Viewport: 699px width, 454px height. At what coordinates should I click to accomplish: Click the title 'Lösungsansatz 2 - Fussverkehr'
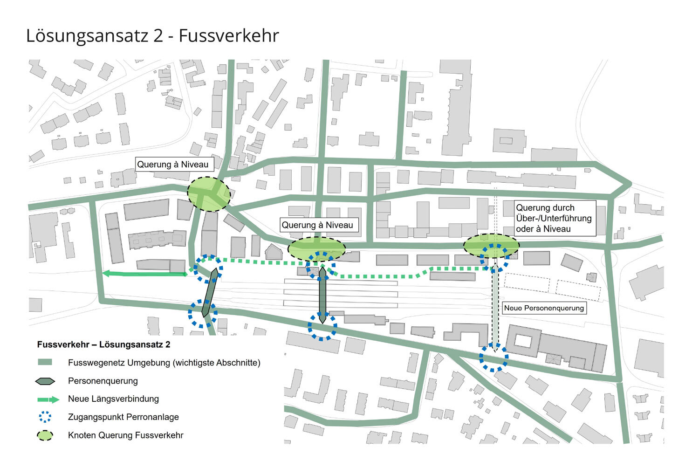click(152, 36)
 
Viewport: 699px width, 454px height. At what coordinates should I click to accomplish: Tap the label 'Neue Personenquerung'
click(543, 308)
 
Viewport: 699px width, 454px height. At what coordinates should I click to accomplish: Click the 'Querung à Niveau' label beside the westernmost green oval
click(173, 165)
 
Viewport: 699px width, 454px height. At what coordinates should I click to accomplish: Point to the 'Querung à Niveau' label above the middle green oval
click(317, 225)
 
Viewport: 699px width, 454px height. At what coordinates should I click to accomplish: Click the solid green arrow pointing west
click(144, 274)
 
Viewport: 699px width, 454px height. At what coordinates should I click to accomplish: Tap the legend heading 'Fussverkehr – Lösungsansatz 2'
click(103, 345)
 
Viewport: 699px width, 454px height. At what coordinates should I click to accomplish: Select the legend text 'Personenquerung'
click(103, 381)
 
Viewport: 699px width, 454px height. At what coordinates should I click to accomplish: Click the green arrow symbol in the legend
click(48, 399)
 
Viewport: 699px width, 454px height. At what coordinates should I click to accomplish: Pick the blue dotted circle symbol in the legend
click(45, 417)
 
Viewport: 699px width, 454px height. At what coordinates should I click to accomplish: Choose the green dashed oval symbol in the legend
click(45, 435)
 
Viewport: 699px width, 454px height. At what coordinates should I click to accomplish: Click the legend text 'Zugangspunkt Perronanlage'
click(123, 417)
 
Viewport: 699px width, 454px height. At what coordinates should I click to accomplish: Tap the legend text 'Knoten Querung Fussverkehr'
click(126, 435)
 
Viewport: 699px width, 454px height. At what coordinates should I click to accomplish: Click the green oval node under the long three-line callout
click(491, 246)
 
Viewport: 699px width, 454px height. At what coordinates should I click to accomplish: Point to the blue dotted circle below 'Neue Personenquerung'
click(493, 358)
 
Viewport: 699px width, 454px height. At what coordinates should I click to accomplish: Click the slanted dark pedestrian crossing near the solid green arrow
click(209, 293)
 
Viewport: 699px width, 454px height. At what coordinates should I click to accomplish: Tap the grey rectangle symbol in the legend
click(45, 363)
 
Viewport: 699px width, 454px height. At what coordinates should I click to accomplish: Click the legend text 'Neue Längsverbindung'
click(113, 399)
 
